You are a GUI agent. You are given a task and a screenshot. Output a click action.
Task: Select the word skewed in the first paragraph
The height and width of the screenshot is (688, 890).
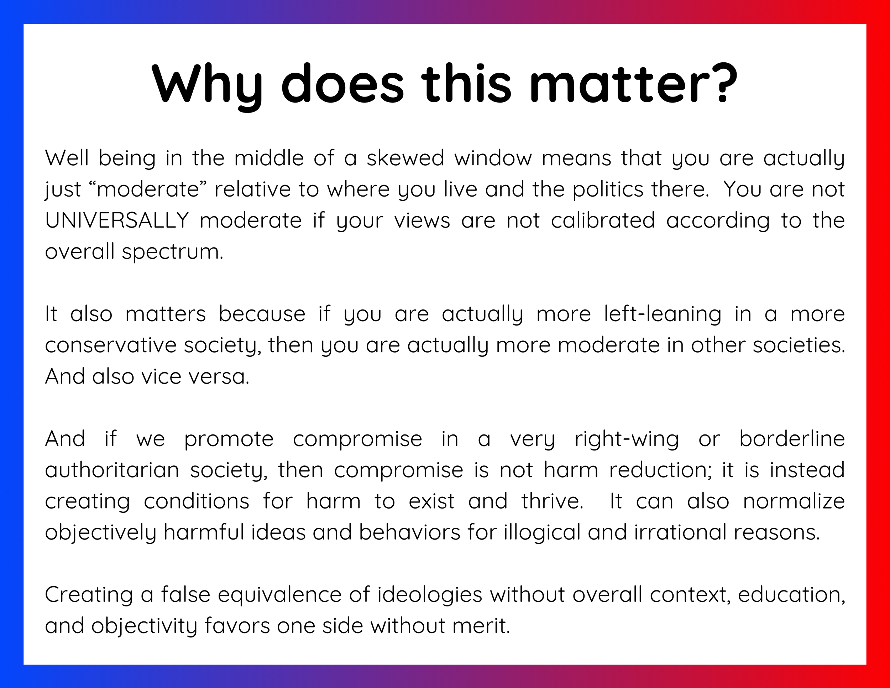tap(405, 158)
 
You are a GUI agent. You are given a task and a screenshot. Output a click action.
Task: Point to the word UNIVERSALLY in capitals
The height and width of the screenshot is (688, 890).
tap(117, 220)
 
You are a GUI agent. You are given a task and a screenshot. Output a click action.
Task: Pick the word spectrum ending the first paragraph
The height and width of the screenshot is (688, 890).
tap(172, 252)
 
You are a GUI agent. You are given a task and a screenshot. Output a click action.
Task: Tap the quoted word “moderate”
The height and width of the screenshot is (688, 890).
tap(147, 189)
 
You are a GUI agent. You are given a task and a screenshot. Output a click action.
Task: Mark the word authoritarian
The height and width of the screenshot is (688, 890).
tap(112, 470)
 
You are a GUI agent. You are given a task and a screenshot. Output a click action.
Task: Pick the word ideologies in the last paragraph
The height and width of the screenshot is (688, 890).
tap(430, 595)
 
